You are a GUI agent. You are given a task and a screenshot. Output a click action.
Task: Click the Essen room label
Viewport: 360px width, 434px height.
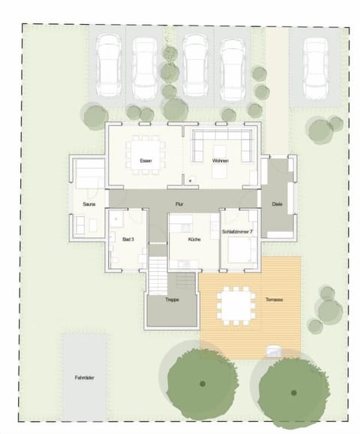[x=145, y=161]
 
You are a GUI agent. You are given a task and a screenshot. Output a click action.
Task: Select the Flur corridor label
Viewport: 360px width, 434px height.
[x=179, y=203]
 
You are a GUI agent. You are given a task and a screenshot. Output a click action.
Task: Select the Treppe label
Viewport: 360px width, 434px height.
[x=172, y=300]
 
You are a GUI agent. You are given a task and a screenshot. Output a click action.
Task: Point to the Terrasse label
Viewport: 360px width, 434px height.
[x=273, y=300]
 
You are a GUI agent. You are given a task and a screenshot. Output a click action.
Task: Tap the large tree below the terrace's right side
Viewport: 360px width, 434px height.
[x=294, y=384]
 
